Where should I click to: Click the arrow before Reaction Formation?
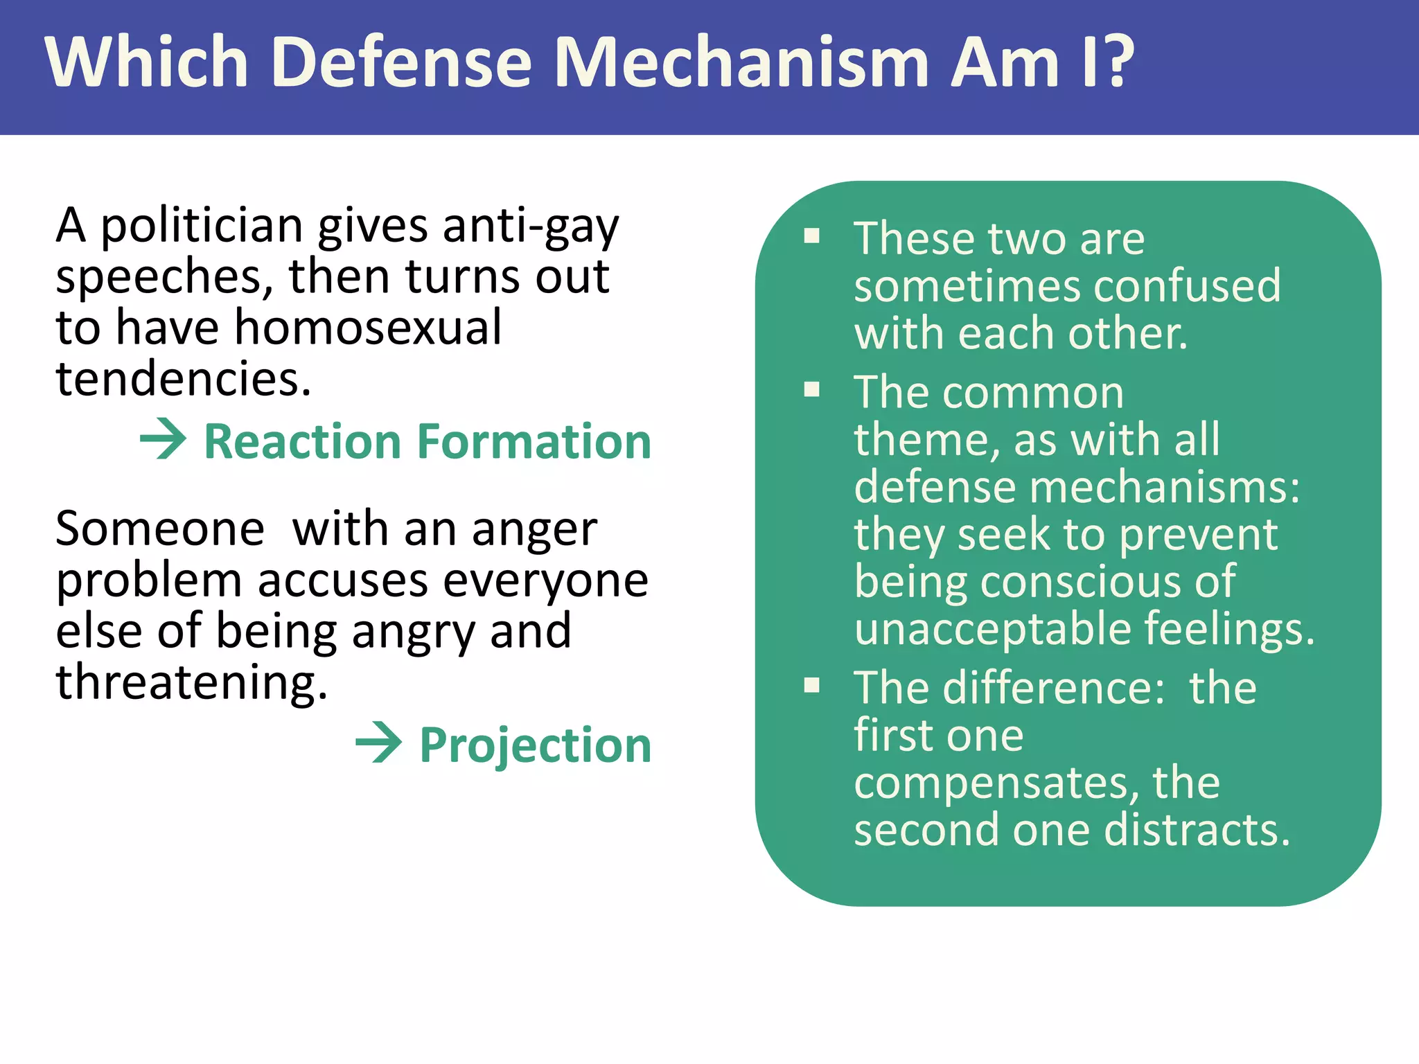pos(164,438)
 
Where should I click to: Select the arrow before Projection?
pos(379,742)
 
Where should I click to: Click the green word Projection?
pos(535,745)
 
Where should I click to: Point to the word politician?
pos(202,227)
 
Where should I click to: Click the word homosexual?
pos(368,328)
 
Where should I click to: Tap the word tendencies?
pos(183,379)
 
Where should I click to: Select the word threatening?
pos(191,682)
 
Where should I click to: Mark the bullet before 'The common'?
pos(812,390)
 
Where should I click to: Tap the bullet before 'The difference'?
pos(812,686)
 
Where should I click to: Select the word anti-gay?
pos(530,227)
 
